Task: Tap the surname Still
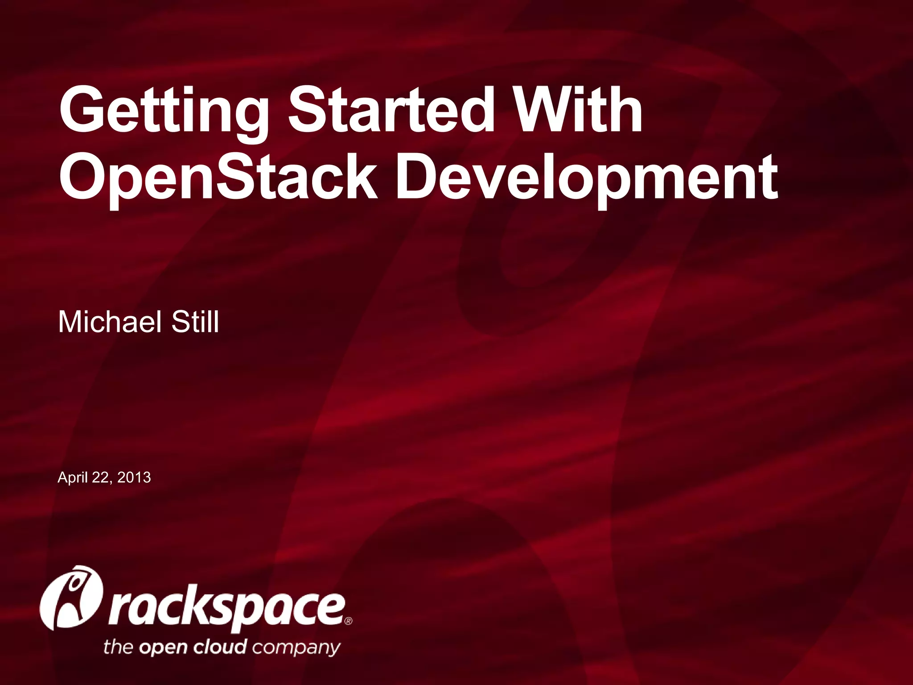195,322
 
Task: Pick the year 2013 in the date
134,478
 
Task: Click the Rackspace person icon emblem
71,598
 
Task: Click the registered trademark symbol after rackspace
348,621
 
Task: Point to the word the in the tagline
119,646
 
